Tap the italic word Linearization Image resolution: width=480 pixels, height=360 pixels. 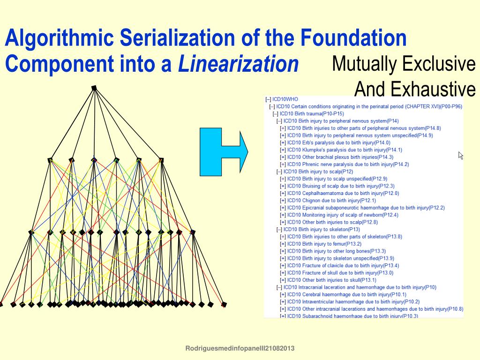coord(238,64)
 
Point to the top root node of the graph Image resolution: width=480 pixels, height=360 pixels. coord(94,88)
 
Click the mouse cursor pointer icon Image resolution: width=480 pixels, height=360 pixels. coord(460,155)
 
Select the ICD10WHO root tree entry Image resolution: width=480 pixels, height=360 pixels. coord(285,99)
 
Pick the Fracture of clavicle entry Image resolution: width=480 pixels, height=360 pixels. coord(343,265)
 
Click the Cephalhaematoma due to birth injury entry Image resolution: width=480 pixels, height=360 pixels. coord(343,193)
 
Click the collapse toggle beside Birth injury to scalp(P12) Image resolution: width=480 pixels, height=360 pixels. coord(279,172)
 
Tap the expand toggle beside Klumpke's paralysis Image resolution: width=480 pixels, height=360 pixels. coord(283,150)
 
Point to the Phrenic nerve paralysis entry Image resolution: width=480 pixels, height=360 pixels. coord(348,165)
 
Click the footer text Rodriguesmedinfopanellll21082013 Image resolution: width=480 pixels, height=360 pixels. coord(240,348)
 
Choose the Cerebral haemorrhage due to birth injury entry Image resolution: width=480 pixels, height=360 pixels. coord(347,294)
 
